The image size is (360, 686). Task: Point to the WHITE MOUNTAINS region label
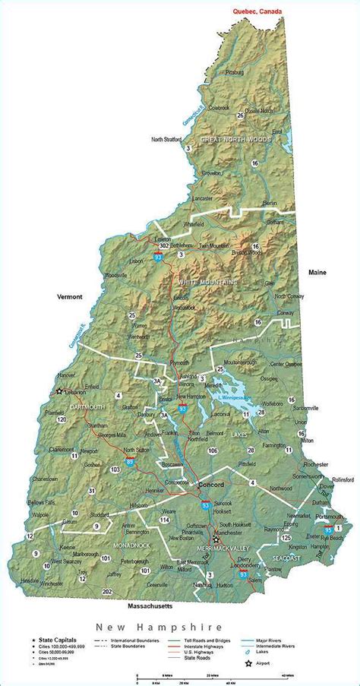pos(207,282)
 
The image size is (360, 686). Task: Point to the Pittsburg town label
pos(234,72)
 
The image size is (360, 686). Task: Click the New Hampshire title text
pos(159,628)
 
